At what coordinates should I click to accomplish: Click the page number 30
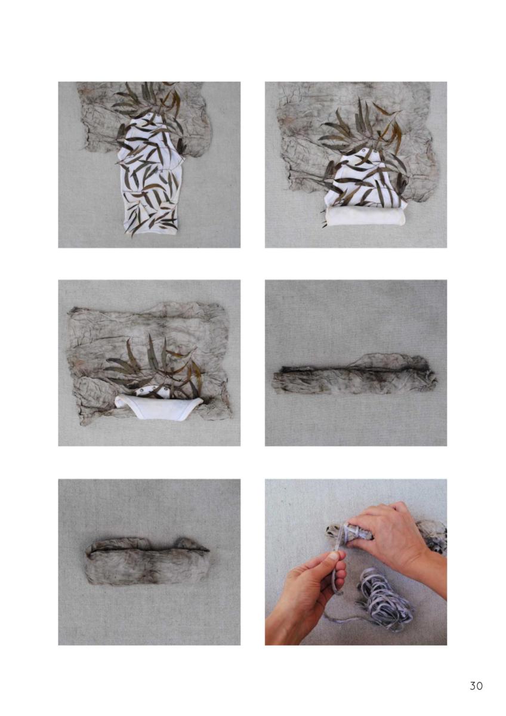click(476, 685)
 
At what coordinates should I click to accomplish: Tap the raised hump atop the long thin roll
click(388, 360)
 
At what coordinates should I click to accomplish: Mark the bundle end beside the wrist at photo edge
click(431, 532)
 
